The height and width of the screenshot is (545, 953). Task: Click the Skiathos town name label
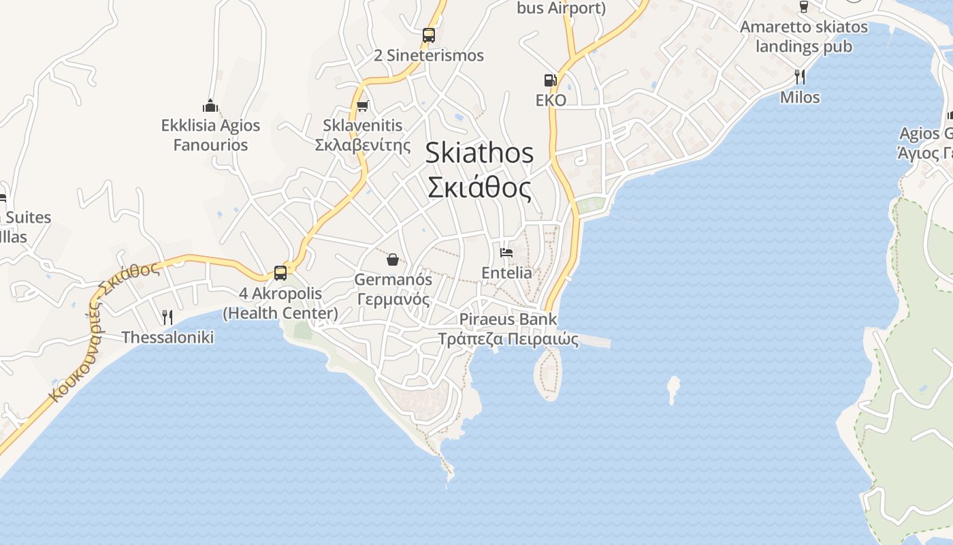coord(479,153)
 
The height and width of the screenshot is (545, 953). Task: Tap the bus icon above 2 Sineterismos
coord(428,35)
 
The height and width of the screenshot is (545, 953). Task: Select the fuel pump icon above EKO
coord(550,80)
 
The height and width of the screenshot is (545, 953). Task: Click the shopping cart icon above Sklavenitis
coord(363,106)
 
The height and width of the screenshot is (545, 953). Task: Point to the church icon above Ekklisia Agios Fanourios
coord(210,106)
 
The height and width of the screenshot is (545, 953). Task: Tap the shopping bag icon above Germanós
coord(392,259)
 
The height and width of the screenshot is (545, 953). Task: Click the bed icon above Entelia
coord(506,253)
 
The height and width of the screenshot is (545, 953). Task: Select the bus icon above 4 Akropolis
coord(280,272)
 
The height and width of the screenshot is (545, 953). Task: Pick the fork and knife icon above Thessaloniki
coord(167,317)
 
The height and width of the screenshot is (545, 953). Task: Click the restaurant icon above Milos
coord(800,76)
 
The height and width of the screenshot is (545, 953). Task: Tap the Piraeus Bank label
coord(508,319)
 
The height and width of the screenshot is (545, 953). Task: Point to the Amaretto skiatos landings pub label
coord(804,37)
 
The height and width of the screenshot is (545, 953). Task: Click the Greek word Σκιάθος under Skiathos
coord(479,187)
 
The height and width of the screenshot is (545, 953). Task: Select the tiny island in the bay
coord(673,389)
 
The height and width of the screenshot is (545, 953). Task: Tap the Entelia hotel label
coord(506,272)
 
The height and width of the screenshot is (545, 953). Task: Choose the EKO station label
coord(551,100)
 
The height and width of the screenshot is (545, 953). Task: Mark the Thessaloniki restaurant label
coord(167,337)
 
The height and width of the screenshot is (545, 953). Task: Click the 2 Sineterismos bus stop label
coord(429,56)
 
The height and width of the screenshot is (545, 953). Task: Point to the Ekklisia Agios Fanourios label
coord(210,135)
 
